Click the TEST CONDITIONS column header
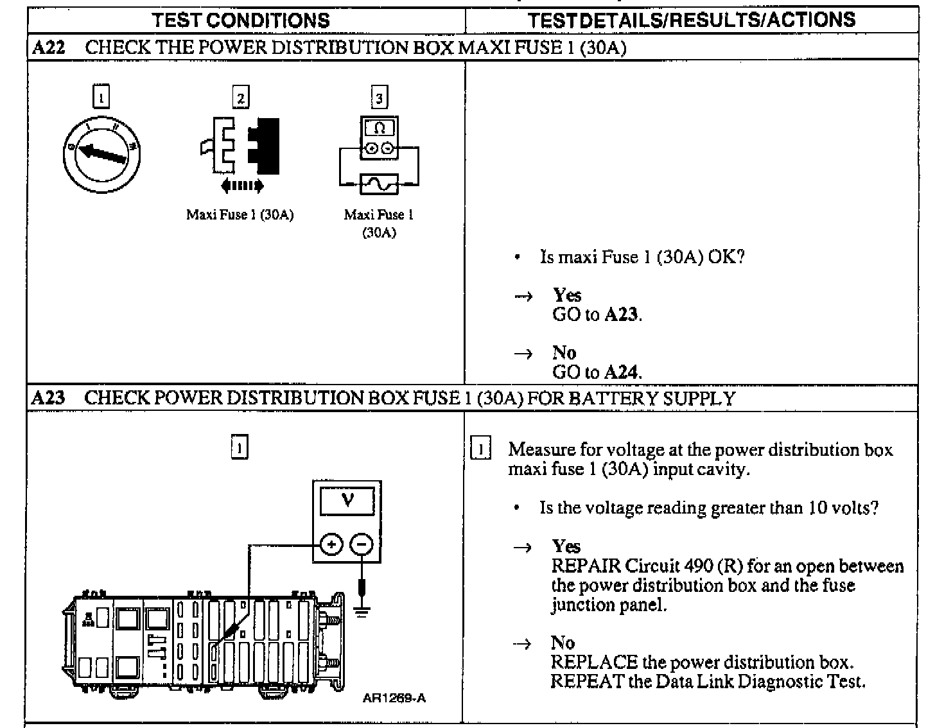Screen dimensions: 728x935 241,20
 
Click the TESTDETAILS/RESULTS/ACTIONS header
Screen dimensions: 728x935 692,20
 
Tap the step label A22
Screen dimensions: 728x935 48,48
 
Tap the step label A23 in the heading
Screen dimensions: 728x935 48,398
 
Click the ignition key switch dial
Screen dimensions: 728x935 101,155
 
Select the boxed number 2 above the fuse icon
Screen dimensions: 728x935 240,98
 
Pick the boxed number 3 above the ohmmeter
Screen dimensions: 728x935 379,98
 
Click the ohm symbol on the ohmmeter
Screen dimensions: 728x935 379,128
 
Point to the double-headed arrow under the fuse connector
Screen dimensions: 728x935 241,186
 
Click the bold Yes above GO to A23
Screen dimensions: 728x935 567,295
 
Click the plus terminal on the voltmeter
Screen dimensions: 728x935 331,545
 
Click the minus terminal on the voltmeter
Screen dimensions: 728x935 362,545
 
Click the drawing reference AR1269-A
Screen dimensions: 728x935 394,698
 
